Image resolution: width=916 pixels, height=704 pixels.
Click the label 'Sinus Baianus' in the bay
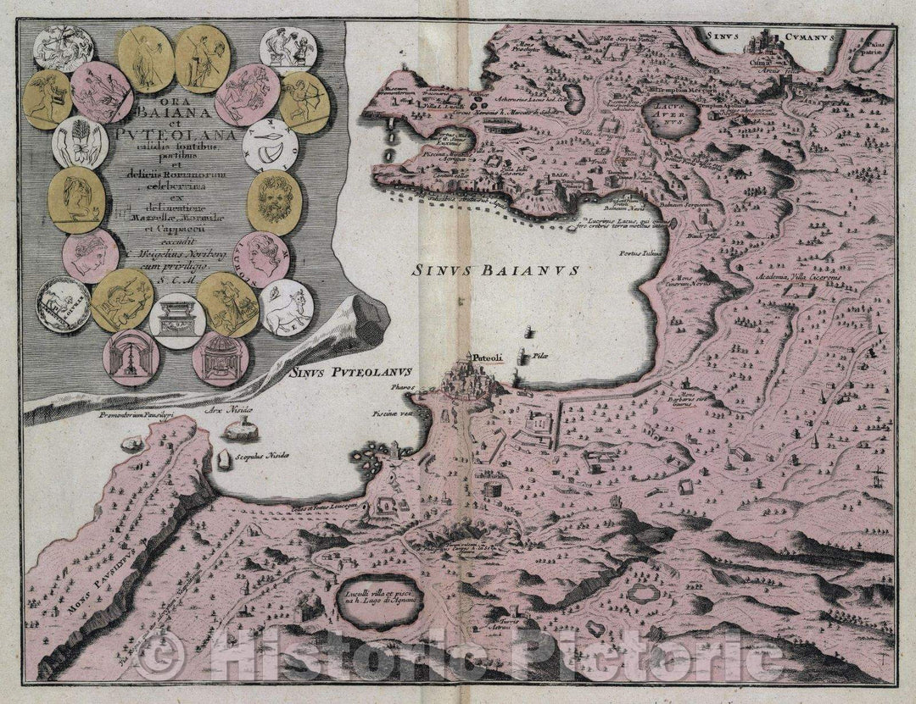tap(495, 271)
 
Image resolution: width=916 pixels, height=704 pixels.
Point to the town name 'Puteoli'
tap(490, 358)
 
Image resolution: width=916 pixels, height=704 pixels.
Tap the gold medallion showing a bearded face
tap(274, 202)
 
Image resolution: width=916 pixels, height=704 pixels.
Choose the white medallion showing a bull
tap(286, 308)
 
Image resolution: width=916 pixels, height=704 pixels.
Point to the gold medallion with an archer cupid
tap(304, 102)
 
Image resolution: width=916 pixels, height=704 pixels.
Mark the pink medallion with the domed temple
tap(221, 356)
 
